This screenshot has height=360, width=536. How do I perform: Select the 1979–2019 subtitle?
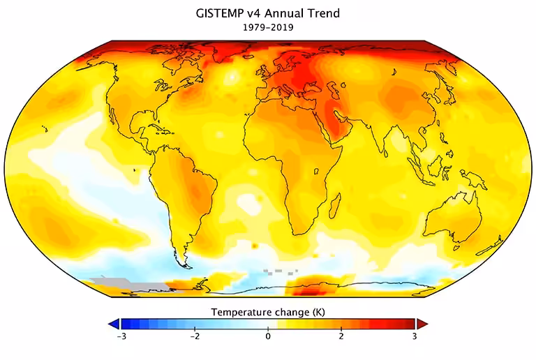(268, 28)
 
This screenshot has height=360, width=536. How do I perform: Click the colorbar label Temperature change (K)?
(268, 311)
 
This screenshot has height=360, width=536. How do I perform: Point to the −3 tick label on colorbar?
(121, 336)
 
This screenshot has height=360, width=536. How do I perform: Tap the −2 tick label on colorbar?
(195, 336)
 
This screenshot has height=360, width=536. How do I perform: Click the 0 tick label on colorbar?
(268, 336)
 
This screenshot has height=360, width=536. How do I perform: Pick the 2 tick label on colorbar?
(341, 336)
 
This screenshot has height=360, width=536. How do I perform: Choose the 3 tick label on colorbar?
(415, 336)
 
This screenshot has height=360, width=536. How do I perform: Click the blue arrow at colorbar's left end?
(114, 324)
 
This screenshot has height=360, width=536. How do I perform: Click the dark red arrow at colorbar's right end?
(422, 324)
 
